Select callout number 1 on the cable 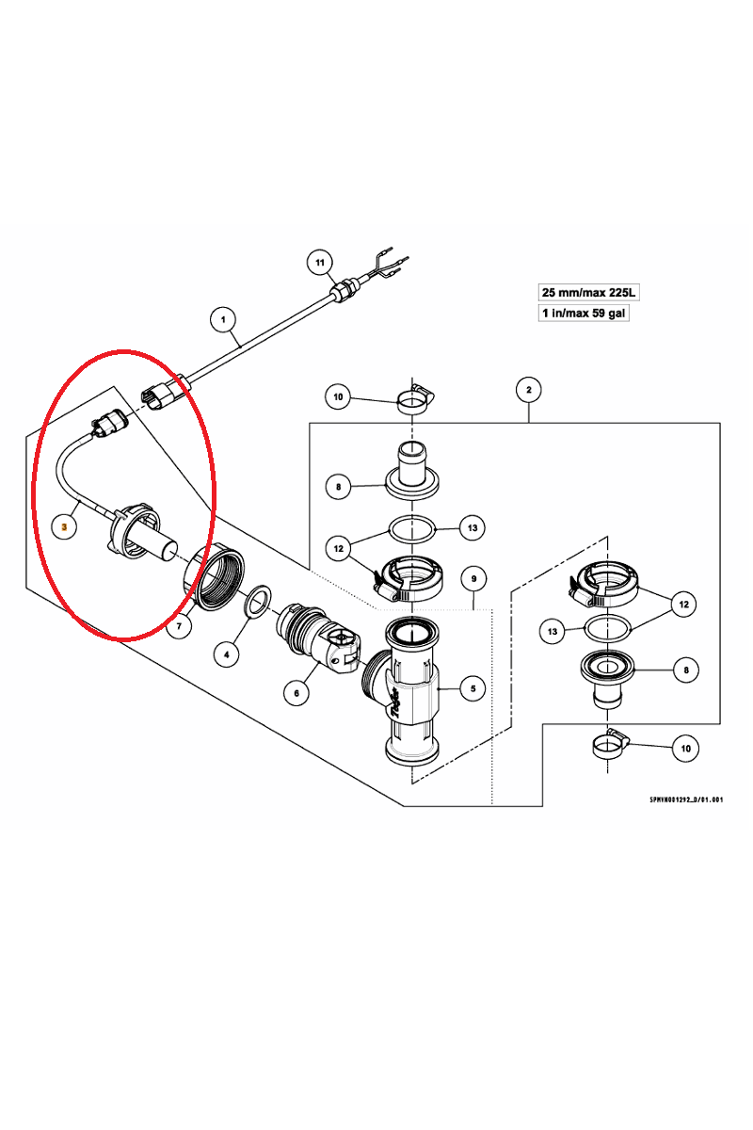click(223, 320)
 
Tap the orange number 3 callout click(64, 527)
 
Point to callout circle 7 click(179, 625)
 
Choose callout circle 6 click(296, 693)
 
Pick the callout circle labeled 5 click(473, 689)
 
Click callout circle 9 click(473, 576)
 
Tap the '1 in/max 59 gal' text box click(584, 313)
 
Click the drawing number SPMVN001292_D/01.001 click(685, 799)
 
